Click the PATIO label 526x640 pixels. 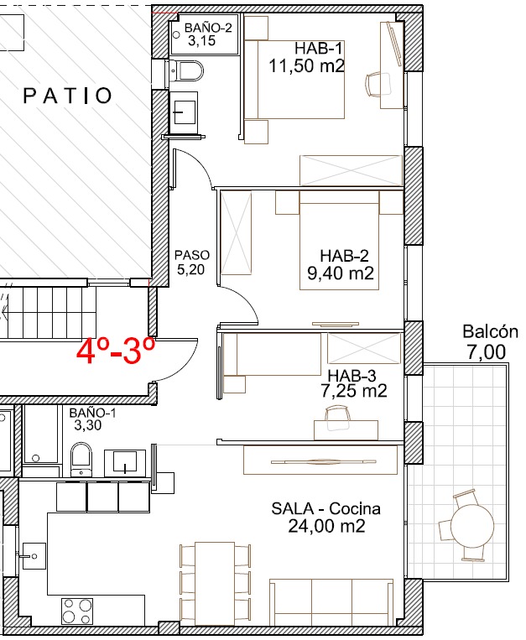[x=67, y=96]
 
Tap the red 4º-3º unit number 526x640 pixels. [x=116, y=351]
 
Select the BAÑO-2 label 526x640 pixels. [x=208, y=28]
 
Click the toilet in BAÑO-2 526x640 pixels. [x=186, y=72]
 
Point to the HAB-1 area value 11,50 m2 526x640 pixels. [x=306, y=65]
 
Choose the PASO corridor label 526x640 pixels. [x=192, y=255]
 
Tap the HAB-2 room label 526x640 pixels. [x=344, y=256]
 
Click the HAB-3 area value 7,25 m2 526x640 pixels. [x=354, y=391]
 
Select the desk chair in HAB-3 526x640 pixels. [x=337, y=417]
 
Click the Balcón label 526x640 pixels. [x=490, y=331]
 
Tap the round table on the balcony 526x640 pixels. [x=472, y=525]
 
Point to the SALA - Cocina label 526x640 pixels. [x=325, y=508]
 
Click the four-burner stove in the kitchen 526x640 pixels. [x=77, y=611]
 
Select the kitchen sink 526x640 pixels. [x=34, y=555]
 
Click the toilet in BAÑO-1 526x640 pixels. [x=81, y=460]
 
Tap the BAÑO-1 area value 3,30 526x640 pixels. [x=88, y=425]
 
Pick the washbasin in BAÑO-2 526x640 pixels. [x=183, y=108]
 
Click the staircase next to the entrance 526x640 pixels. [x=49, y=312]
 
